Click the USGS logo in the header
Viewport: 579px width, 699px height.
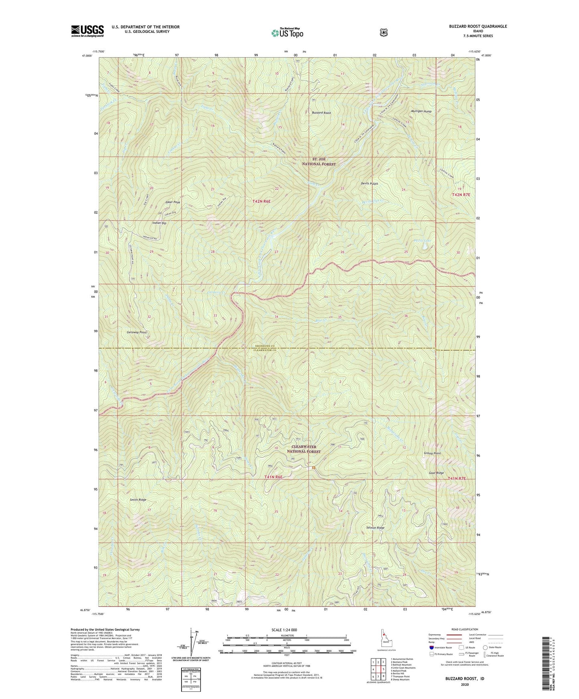point(87,31)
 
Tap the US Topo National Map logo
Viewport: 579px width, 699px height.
point(286,32)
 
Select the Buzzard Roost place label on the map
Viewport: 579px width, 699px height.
point(321,113)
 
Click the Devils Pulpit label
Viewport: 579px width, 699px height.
point(369,183)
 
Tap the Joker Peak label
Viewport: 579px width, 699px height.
point(172,203)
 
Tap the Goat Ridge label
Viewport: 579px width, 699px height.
point(436,473)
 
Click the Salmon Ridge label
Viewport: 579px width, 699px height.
point(375,528)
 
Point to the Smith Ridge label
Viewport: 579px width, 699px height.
point(138,500)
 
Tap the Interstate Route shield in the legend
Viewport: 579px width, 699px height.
point(431,647)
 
